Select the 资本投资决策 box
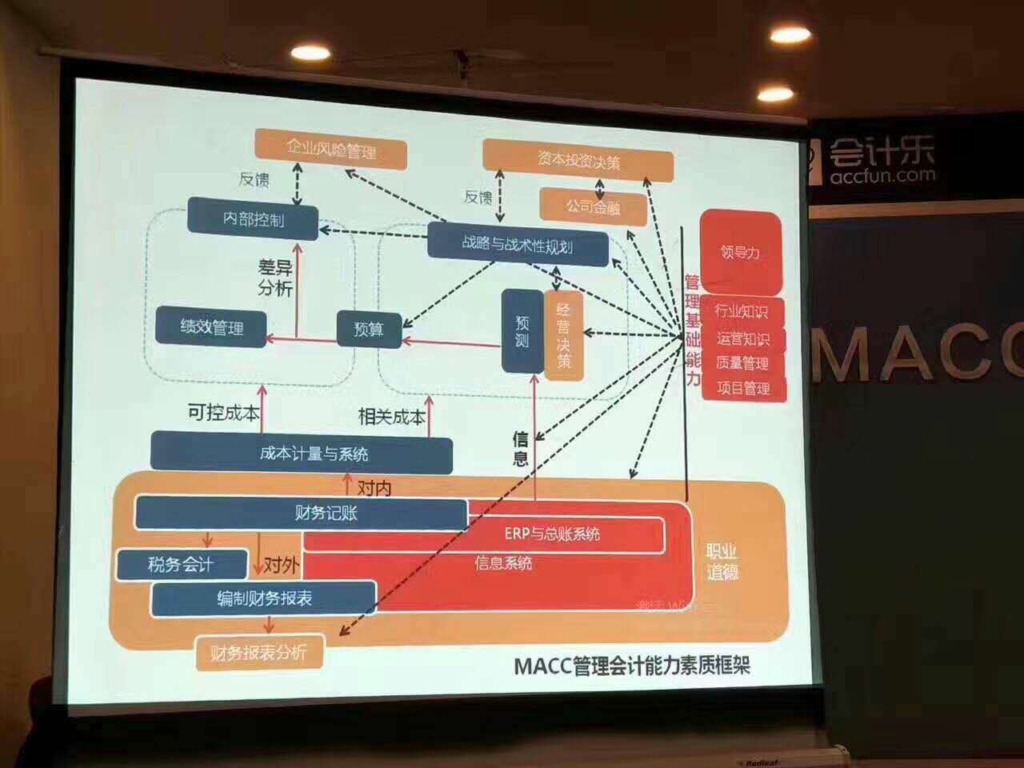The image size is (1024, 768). pyautogui.click(x=578, y=161)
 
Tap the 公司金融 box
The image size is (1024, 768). pyautogui.click(x=593, y=206)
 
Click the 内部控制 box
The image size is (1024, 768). pyautogui.click(x=253, y=218)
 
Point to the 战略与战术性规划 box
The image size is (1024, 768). pyautogui.click(x=518, y=244)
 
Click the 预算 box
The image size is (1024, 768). pyautogui.click(x=368, y=328)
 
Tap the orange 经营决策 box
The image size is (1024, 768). pyautogui.click(x=564, y=335)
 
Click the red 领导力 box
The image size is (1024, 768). pyautogui.click(x=740, y=252)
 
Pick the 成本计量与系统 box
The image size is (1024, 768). pyautogui.click(x=302, y=454)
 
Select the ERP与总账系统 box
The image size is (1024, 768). pyautogui.click(x=552, y=534)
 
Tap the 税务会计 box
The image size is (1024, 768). pyautogui.click(x=181, y=565)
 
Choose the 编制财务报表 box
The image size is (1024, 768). pyautogui.click(x=264, y=598)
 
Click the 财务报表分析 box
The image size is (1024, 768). pyautogui.click(x=259, y=652)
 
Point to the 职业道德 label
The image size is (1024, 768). pyautogui.click(x=722, y=562)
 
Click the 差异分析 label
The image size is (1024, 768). pyautogui.click(x=274, y=278)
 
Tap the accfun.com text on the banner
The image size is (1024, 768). pyautogui.click(x=882, y=175)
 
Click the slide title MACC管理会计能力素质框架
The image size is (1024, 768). pyautogui.click(x=632, y=665)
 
